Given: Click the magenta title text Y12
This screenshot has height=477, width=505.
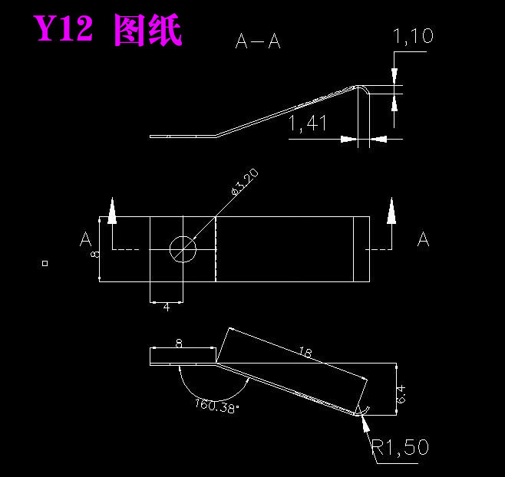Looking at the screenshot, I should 63,31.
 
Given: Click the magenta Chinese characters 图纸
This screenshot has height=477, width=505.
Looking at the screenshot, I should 148,31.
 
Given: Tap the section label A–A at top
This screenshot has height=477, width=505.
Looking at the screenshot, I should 258,42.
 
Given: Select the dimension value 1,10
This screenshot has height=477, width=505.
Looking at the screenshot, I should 413,35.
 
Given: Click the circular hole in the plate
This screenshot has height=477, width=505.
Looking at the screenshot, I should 183,248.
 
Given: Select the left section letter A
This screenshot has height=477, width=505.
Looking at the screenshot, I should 86,240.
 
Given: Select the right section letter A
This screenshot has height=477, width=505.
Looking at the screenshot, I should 423,240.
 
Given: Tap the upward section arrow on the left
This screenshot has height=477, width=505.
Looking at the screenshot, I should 113,211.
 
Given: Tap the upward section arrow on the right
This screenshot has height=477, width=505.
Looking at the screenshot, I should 391,211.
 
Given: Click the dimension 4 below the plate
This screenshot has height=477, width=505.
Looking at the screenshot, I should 167,308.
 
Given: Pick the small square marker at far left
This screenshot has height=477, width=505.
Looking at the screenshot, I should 45,263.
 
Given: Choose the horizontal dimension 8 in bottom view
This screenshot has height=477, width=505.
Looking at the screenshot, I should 179,344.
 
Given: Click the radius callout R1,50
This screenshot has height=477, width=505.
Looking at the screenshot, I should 400,447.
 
